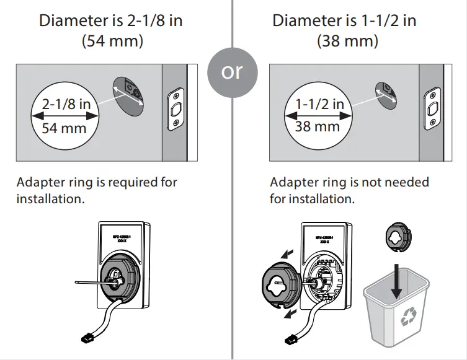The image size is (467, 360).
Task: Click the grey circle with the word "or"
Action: [x=232, y=72]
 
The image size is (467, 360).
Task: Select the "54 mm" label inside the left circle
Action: [x=64, y=129]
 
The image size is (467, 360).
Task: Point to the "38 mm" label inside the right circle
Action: [x=318, y=126]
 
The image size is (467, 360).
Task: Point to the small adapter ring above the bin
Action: [x=398, y=236]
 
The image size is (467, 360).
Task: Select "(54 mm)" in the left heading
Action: [x=111, y=42]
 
